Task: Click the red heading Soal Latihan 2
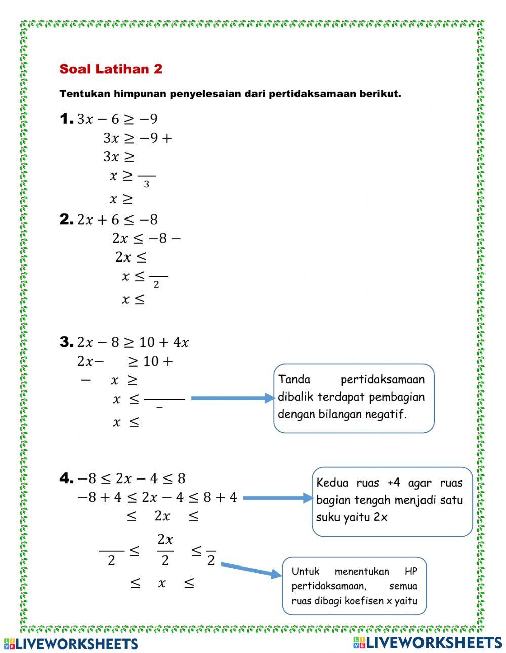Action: [x=111, y=69]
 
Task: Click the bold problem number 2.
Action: [x=66, y=219]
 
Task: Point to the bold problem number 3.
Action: [x=66, y=342]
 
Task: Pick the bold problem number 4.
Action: [x=66, y=478]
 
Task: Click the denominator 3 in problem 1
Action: [x=146, y=185]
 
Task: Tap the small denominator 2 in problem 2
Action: [x=156, y=285]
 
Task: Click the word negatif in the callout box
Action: [x=389, y=414]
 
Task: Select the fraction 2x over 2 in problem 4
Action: [x=165, y=550]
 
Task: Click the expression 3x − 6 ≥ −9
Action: [x=117, y=119]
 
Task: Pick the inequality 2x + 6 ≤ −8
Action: [x=117, y=220]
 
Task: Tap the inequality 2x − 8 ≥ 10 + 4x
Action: [x=133, y=343]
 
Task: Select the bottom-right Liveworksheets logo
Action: [x=428, y=642]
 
